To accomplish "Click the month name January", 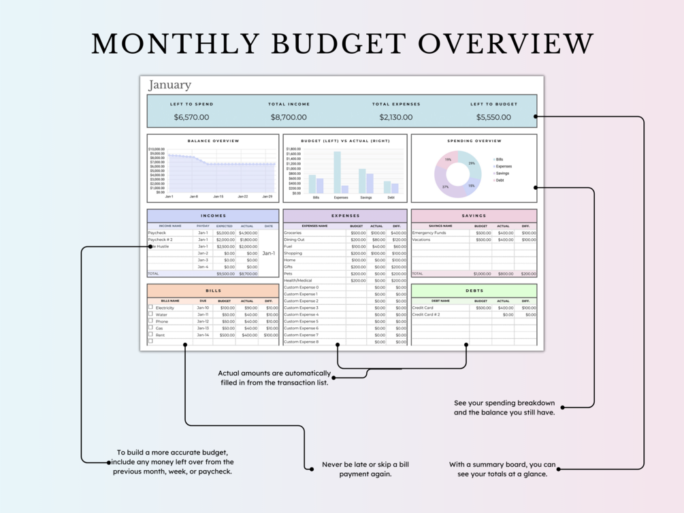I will coord(169,85).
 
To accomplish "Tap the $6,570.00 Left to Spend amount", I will coord(191,117).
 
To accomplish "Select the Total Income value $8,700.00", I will coord(289,117).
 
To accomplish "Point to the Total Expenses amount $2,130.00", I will coord(396,117).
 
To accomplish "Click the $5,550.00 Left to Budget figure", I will coord(493,117).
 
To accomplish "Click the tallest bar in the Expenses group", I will coord(337,172).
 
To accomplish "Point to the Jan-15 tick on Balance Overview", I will coord(218,197).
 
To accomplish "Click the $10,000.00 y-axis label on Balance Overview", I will coord(157,149).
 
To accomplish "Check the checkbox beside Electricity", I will coord(150,307).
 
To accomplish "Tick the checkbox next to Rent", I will coord(150,334).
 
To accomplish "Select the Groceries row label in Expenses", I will coord(293,233).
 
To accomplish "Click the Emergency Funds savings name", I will coord(429,233).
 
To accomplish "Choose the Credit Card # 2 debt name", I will coord(426,314).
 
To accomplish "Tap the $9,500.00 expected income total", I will coord(225,274).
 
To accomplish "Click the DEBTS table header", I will coord(474,291).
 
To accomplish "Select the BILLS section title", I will coord(213,291).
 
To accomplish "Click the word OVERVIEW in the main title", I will coord(506,44).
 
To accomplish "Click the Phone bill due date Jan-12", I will coord(203,321).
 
